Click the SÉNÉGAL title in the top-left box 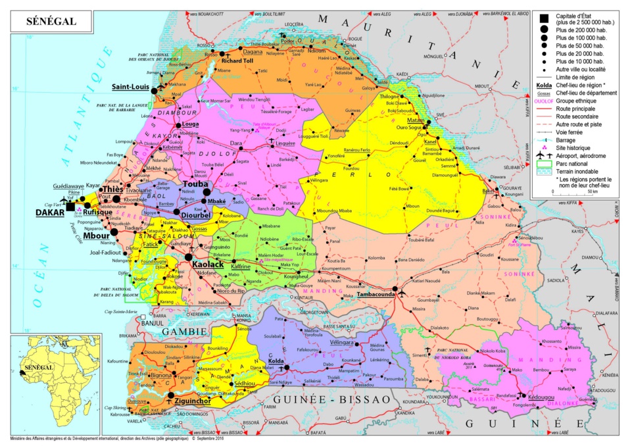[51, 22]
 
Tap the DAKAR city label [50, 213]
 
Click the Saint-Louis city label [130, 87]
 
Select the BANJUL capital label [152, 323]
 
